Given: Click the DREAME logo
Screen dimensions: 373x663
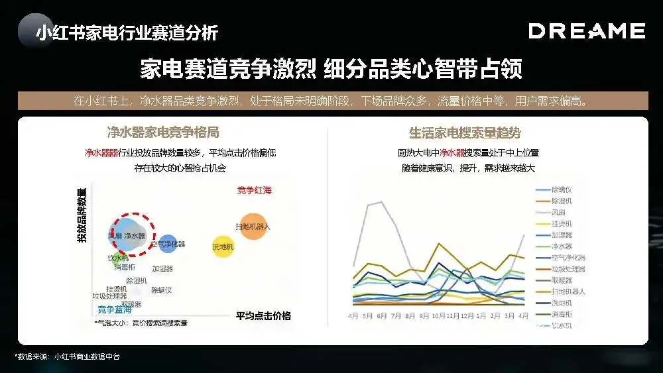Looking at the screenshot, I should (586, 31).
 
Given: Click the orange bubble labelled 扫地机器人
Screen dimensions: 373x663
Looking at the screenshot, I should (253, 227).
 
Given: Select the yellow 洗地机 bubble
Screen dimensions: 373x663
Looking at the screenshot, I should (223, 247).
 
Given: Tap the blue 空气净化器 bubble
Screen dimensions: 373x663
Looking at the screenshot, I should (168, 244).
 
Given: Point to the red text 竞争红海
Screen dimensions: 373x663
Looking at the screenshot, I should (254, 191).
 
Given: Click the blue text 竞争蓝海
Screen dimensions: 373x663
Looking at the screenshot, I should (115, 309).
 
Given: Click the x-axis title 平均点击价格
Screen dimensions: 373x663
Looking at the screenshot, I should (263, 315).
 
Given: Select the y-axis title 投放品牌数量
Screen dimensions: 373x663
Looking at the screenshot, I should (82, 215).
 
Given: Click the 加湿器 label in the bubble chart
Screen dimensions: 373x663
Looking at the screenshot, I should (162, 269).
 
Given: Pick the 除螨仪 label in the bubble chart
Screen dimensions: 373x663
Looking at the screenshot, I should (162, 290).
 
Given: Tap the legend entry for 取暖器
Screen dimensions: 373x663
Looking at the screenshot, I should (562, 280).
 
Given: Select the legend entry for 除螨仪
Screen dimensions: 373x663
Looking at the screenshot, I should (562, 190).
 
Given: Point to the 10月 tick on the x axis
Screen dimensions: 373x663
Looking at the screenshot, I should (439, 316).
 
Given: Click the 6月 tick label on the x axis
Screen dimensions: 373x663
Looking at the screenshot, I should (381, 316).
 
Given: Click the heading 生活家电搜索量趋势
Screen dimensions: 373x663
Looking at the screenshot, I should (465, 133).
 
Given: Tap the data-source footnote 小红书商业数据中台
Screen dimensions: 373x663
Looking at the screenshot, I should (87, 357).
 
